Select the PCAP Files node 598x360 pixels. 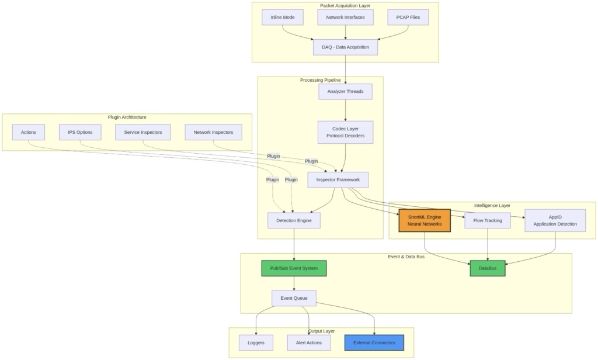tap(408, 18)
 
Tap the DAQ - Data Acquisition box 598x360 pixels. tap(345, 47)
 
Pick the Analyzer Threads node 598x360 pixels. tap(345, 92)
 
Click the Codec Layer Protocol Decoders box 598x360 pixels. tap(345, 132)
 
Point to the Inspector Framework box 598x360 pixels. tap(338, 179)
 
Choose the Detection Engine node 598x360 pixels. tap(294, 220)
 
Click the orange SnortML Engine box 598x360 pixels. tap(425, 220)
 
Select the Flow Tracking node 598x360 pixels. tap(488, 220)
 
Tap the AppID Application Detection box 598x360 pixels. tap(555, 220)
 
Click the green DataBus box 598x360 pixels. tap(488, 268)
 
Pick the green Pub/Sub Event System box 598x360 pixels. tap(294, 268)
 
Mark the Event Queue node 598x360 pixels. tap(294, 298)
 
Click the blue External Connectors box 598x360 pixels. tap(374, 342)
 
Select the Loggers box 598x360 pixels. tap(256, 342)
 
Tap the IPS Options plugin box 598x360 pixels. tap(80, 132)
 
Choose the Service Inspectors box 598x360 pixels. tap(143, 132)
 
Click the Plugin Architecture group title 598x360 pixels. tap(127, 117)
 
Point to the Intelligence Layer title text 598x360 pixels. tap(492, 206)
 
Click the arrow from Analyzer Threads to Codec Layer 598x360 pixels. tap(345, 110)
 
